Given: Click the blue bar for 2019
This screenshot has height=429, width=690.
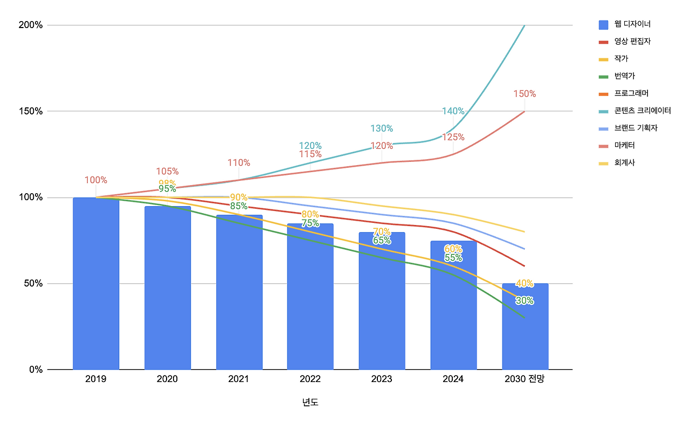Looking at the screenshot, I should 96,283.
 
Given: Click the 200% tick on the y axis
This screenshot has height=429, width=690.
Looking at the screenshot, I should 31,25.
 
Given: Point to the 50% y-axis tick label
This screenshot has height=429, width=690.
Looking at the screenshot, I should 33,283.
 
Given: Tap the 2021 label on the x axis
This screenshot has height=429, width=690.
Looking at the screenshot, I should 238,379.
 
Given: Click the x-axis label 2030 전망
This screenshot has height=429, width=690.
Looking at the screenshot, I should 525,379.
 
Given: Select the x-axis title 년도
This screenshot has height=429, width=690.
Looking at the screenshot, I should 310,403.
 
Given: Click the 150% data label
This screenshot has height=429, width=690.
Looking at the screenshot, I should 525,94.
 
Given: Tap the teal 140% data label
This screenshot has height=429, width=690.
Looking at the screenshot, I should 453,111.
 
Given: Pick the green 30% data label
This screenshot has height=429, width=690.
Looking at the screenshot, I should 525,301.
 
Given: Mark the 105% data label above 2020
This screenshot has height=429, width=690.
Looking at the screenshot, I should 167,172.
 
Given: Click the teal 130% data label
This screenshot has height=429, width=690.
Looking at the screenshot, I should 382,128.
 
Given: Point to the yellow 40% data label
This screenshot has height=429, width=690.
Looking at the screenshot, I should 525,283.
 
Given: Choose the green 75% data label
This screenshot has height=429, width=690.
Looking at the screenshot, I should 310,223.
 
